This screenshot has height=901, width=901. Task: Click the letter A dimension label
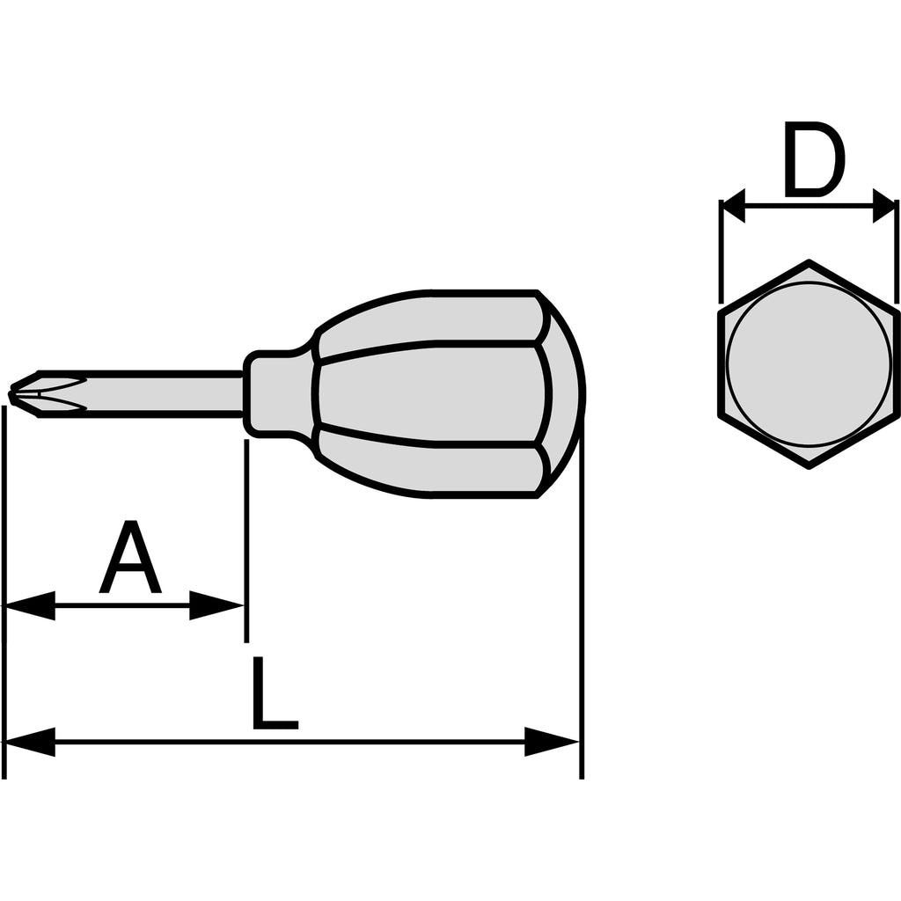(130, 557)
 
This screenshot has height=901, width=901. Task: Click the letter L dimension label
(275, 693)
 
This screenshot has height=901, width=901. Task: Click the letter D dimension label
(815, 159)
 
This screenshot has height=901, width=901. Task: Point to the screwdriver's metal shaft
(141, 394)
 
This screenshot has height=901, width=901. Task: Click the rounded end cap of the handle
(563, 394)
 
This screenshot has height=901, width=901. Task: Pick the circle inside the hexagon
(809, 363)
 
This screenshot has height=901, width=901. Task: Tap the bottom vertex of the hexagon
(809, 467)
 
